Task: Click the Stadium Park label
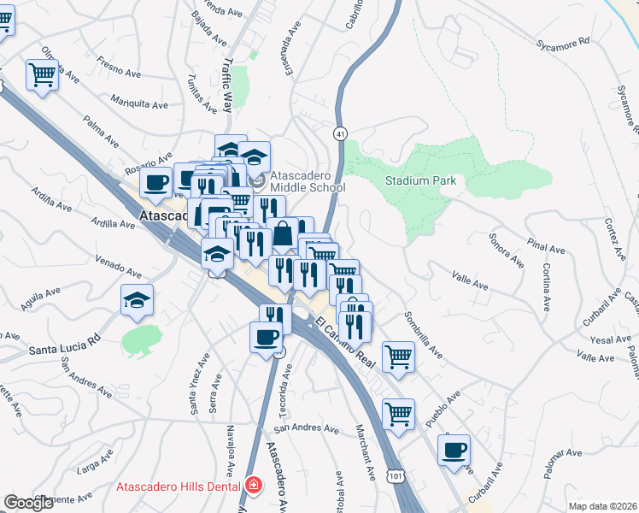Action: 420,180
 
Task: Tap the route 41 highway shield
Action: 340,133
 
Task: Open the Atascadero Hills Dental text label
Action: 179,486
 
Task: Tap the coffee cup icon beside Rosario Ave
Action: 156,181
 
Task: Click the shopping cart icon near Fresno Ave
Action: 42,75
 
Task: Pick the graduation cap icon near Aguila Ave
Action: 137,300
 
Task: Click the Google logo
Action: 28,503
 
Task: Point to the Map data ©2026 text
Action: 603,506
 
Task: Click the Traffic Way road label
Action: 226,85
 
